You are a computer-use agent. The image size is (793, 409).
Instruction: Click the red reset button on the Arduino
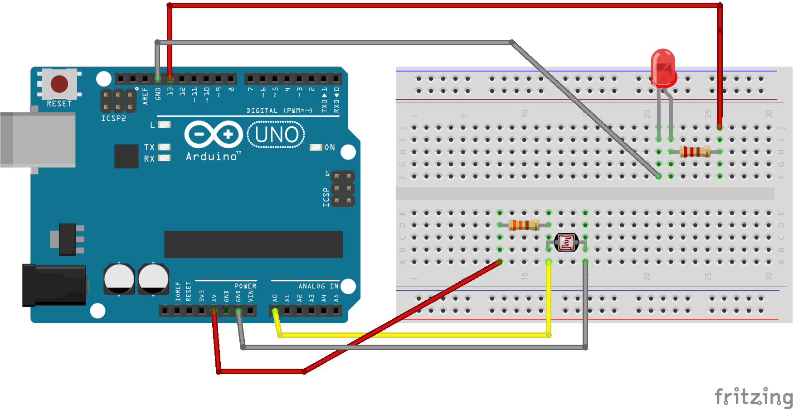59,84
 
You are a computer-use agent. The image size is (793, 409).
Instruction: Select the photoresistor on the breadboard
566,242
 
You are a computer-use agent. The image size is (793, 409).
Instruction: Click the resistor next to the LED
695,152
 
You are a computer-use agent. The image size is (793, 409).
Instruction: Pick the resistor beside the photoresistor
524,225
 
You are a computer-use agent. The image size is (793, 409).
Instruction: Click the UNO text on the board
276,135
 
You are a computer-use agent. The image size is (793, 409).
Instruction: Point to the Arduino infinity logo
214,134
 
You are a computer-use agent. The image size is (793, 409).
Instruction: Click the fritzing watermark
753,397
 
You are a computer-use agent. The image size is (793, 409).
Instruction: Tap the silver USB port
38,140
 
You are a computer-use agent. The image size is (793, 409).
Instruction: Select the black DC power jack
54,285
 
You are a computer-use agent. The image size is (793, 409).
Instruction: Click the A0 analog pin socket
275,311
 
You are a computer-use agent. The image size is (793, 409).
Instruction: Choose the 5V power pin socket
214,311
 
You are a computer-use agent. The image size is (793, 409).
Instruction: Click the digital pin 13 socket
170,79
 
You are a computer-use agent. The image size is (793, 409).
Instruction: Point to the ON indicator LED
316,147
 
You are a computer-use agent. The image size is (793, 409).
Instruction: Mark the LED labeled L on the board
164,125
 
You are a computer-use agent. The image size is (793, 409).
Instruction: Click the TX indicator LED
164,147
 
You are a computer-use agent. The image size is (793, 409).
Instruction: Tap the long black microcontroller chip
253,244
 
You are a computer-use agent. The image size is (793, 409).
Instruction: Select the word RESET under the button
59,104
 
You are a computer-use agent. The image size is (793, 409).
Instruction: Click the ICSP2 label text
113,118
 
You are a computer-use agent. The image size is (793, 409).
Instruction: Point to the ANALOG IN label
318,286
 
